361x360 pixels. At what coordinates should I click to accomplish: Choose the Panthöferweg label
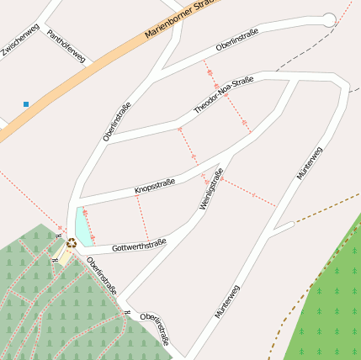tap(66, 47)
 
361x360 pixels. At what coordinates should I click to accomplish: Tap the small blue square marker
tap(26, 104)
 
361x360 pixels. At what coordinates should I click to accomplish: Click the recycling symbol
tap(72, 243)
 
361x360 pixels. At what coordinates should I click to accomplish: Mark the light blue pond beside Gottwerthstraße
tap(82, 227)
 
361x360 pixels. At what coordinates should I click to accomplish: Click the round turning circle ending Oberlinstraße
tap(328, 20)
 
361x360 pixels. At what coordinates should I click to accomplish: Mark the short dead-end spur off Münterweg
tap(282, 228)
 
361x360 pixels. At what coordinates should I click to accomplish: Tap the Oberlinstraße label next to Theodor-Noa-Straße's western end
tap(117, 120)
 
